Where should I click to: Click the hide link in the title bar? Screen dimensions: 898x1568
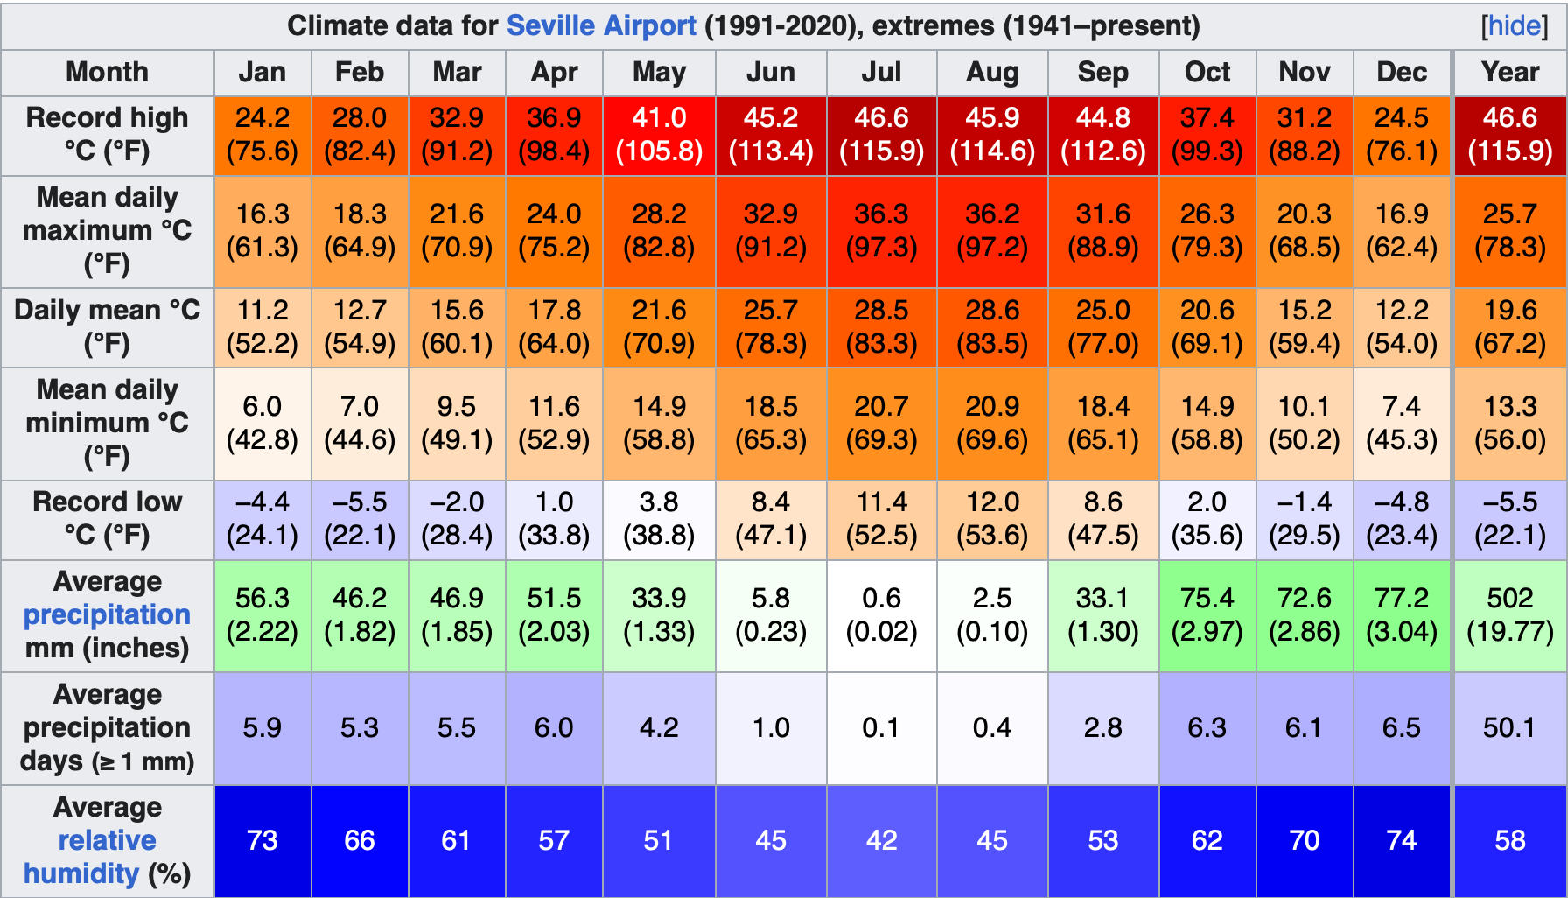tap(1514, 25)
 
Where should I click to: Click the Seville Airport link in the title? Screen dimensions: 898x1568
tap(601, 25)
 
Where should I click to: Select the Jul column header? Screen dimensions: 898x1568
tap(881, 72)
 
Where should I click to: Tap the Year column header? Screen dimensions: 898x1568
tap(1509, 72)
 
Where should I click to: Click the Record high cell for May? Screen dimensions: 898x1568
tap(659, 135)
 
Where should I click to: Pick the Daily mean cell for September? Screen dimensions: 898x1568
tap(1102, 326)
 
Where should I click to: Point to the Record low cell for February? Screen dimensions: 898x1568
tap(360, 519)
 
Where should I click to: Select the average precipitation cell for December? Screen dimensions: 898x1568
tap(1402, 614)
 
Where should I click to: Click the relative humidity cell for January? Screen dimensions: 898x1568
tap(262, 840)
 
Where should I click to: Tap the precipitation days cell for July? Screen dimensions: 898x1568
tap(881, 727)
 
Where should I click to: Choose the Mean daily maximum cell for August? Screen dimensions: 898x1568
tap(992, 231)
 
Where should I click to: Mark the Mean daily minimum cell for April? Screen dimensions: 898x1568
tap(554, 423)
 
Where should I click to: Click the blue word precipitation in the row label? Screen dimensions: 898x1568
tap(107, 614)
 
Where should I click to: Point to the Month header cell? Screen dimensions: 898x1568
tap(107, 72)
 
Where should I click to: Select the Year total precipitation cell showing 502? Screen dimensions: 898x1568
tap(1509, 614)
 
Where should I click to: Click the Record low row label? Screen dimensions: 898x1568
tap(107, 519)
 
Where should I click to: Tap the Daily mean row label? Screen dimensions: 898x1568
tap(107, 326)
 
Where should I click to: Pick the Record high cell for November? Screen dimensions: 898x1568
tap(1304, 135)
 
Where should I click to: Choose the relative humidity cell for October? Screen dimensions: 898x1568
tap(1207, 840)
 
